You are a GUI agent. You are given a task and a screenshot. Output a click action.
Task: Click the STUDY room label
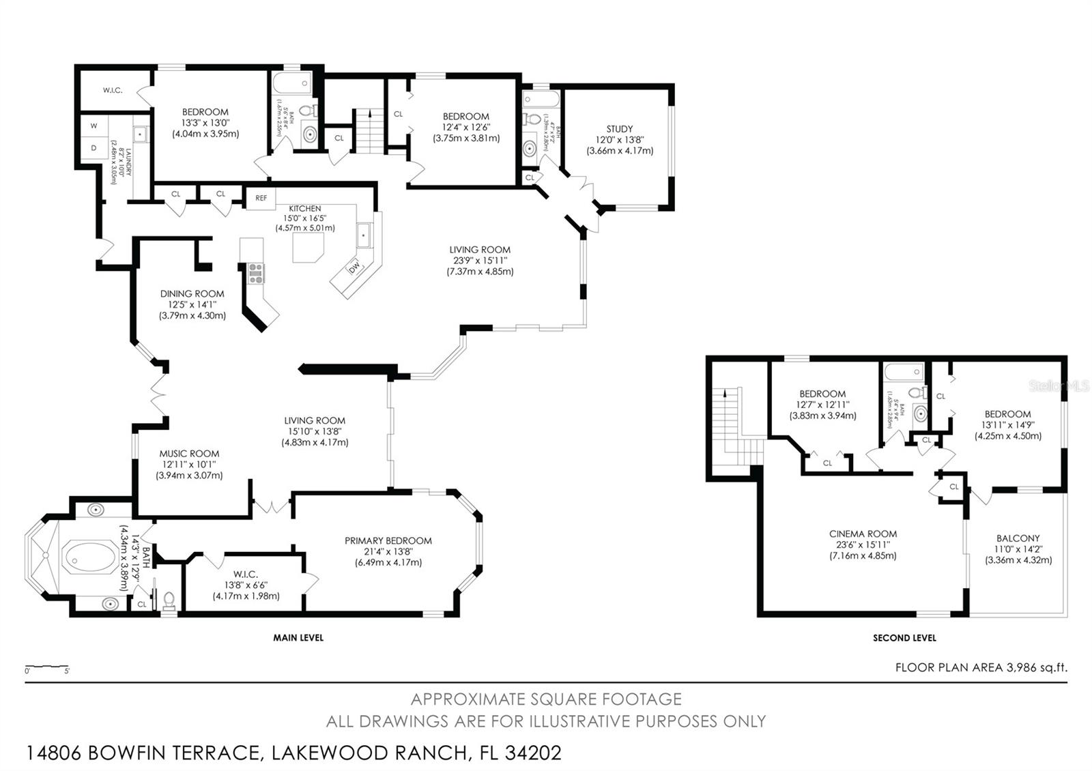[x=619, y=128]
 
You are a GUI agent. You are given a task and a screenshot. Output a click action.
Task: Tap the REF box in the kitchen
[x=261, y=198]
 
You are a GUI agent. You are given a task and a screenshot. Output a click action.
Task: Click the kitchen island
[x=308, y=248]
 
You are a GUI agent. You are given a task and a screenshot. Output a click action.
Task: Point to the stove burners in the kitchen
[x=256, y=273]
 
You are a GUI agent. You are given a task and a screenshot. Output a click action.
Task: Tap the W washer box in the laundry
[x=94, y=126]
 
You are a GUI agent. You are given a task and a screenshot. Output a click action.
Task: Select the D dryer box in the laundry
[x=94, y=148]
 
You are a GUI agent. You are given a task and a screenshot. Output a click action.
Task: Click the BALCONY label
[x=1018, y=538]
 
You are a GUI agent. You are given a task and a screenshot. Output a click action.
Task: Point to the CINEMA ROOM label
[x=863, y=534]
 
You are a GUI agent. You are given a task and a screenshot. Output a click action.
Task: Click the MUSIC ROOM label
[x=189, y=453]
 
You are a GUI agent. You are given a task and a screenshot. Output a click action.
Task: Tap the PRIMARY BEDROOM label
[x=388, y=540]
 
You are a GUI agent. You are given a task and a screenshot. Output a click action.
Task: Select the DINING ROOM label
[x=192, y=293]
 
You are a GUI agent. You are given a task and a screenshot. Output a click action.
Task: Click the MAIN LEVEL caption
[x=298, y=638]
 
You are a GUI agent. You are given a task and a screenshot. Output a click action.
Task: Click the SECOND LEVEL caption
[x=904, y=638]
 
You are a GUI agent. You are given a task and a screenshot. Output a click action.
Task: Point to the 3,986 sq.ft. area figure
[x=1036, y=667]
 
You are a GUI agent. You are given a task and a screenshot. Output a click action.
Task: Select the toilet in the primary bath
[x=169, y=600]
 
